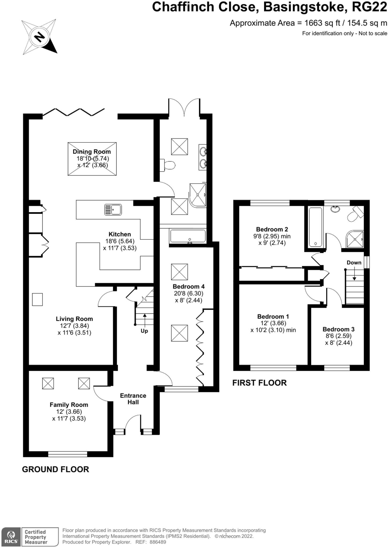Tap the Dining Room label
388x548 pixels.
[x=92, y=152]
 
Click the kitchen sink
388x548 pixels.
[x=113, y=210]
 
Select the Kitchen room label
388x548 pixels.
[x=120, y=234]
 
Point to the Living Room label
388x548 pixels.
[x=74, y=319]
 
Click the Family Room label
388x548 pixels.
[x=69, y=405]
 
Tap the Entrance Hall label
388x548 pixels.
[x=133, y=399]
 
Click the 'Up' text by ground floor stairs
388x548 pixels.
[x=144, y=331]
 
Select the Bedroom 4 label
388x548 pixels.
[x=189, y=286]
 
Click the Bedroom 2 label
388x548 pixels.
[x=272, y=229]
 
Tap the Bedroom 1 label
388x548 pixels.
[x=273, y=316]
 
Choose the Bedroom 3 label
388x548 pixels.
[x=338, y=329]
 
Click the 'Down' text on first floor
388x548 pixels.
[x=354, y=262]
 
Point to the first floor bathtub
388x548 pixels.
[x=315, y=227]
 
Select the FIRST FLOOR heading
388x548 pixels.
[x=259, y=383]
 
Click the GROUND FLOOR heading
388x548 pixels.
[x=55, y=469]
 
